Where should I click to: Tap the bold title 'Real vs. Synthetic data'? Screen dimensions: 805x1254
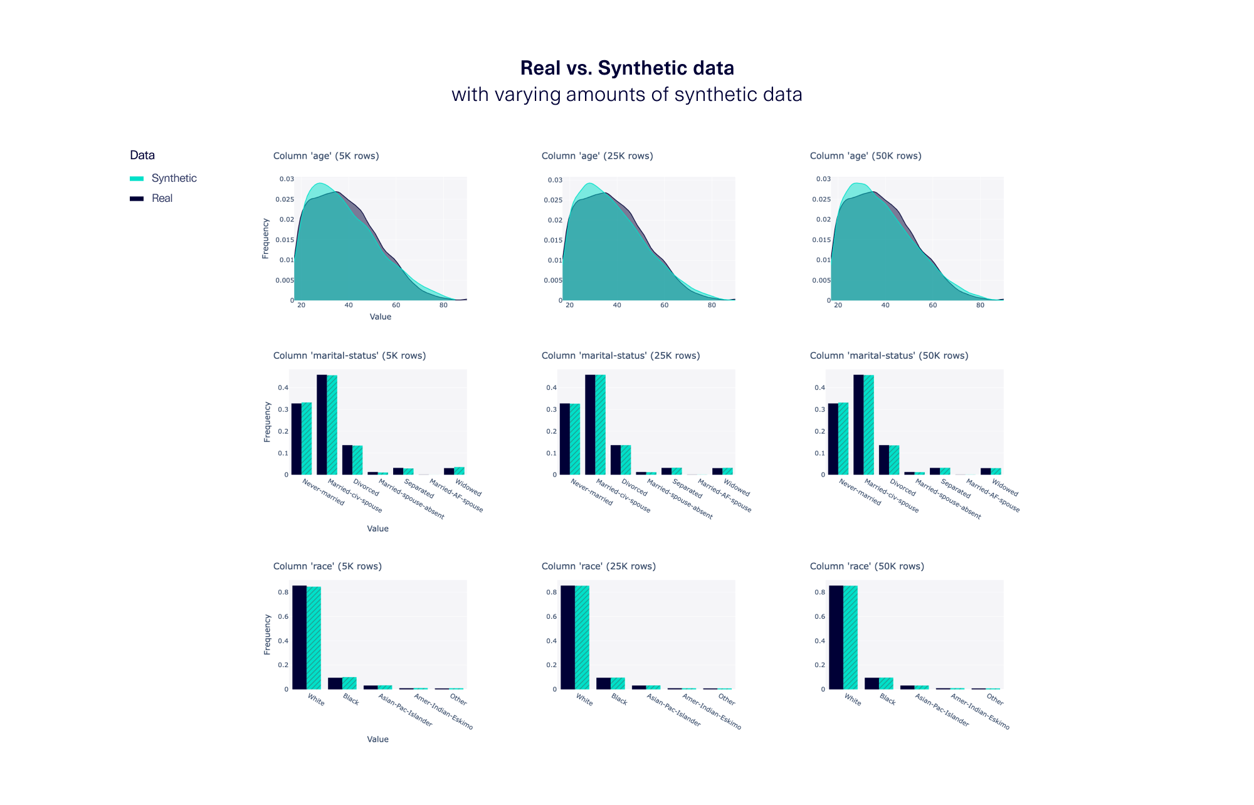(x=627, y=68)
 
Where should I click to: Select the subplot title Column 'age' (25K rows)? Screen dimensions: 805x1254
(x=597, y=156)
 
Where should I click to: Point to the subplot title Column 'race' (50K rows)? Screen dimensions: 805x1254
(x=867, y=566)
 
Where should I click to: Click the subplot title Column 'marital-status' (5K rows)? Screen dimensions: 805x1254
(x=349, y=355)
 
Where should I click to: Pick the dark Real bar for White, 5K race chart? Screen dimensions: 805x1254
(x=299, y=637)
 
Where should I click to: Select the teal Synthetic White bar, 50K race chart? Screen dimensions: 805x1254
(x=850, y=637)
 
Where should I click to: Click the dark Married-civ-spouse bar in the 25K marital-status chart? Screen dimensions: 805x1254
(x=590, y=424)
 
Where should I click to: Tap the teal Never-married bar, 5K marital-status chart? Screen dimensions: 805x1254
(x=307, y=438)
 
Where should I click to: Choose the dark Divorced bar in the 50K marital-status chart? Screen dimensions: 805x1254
(x=883, y=460)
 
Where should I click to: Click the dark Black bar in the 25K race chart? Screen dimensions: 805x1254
(x=603, y=683)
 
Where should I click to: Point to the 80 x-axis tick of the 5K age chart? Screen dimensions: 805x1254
(x=443, y=305)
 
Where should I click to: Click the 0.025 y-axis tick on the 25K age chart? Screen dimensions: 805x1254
(x=553, y=200)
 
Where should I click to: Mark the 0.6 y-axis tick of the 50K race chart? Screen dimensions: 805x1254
(x=819, y=616)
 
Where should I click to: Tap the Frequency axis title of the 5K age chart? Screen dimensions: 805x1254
(x=265, y=238)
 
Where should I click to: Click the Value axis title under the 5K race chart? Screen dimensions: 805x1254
(x=377, y=739)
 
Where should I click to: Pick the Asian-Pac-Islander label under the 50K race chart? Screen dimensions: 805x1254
(x=942, y=710)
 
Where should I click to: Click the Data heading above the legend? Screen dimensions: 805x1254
(x=142, y=155)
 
